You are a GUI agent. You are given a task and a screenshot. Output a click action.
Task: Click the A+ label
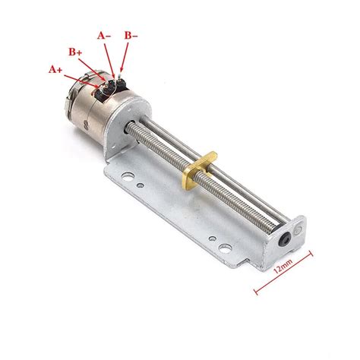click(x=55, y=69)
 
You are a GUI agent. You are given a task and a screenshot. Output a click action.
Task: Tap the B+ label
click(x=75, y=52)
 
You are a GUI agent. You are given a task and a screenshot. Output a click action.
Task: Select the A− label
click(x=104, y=36)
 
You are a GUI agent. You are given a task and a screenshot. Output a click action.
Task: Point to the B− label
click(x=131, y=36)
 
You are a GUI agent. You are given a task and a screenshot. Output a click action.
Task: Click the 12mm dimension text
click(x=283, y=266)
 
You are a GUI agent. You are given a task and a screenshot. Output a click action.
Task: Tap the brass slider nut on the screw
click(x=200, y=170)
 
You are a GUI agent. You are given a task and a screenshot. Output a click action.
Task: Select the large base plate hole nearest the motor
click(x=128, y=175)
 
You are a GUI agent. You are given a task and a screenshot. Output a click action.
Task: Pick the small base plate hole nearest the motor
click(x=140, y=185)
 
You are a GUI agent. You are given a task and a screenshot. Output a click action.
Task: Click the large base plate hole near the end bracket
click(x=225, y=248)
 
